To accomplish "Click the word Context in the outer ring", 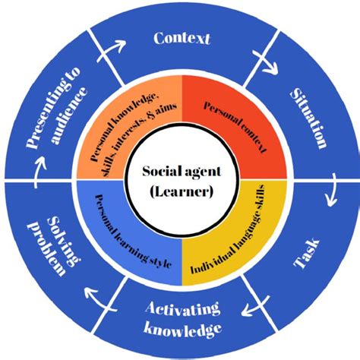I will coord(182,37).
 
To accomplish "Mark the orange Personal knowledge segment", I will coord(125,126).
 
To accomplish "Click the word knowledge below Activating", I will coord(182,328).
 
